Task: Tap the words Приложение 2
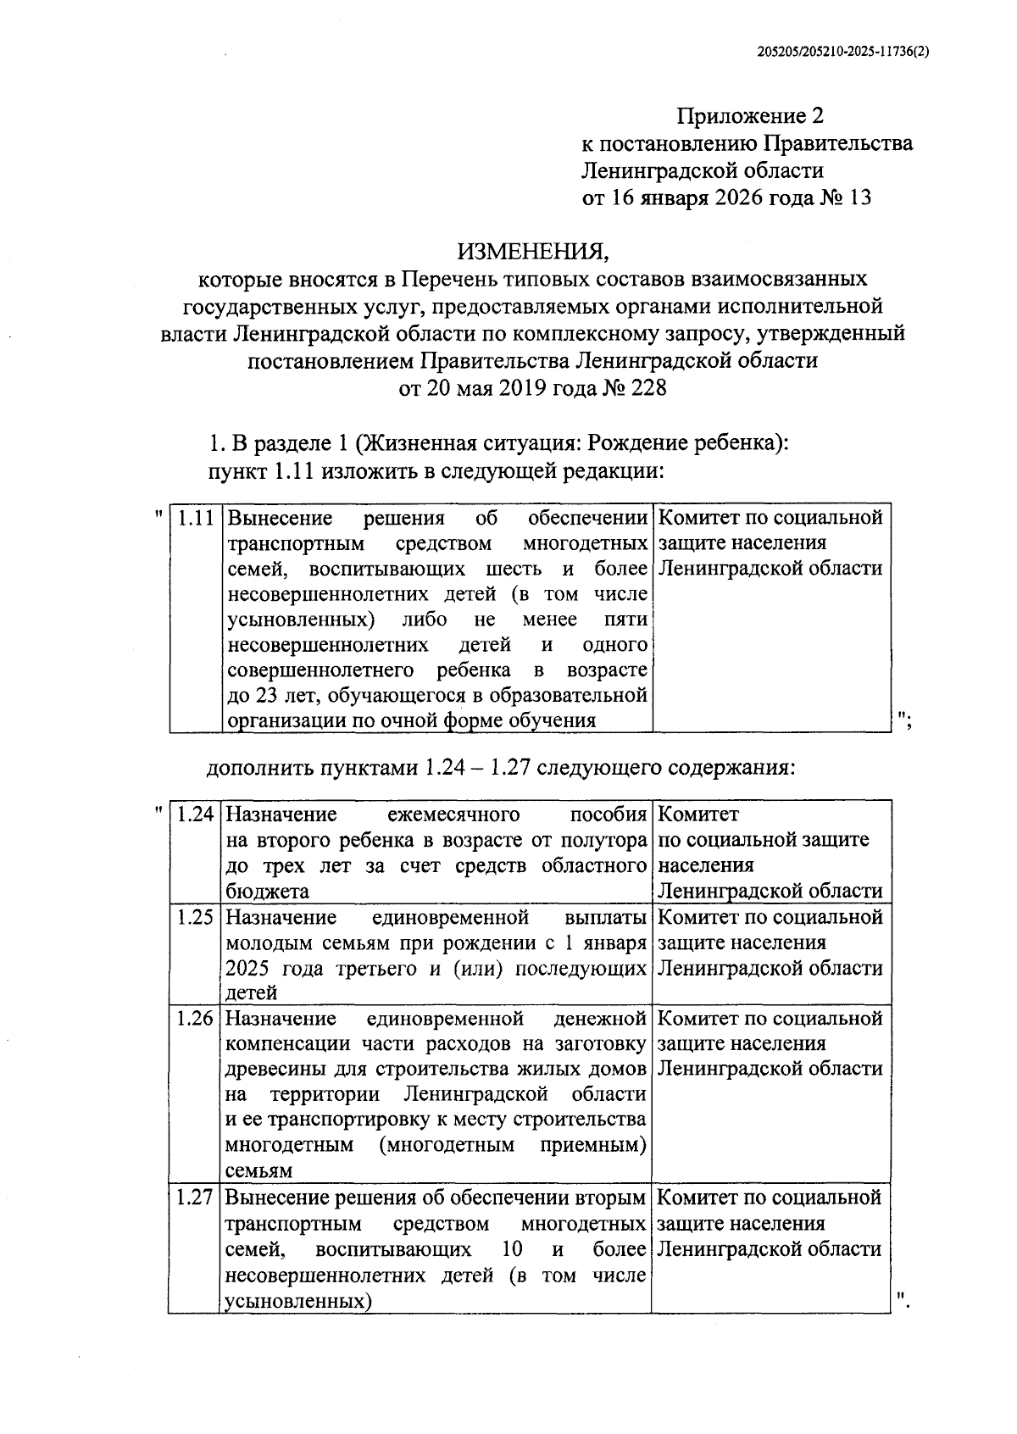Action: click(749, 116)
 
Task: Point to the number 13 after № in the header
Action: click(859, 198)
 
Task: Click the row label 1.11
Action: click(196, 518)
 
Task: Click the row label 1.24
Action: click(195, 815)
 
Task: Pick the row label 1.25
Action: click(195, 917)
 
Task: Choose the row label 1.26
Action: click(195, 1018)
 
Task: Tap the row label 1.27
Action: click(194, 1198)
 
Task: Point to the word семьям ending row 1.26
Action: click(258, 1171)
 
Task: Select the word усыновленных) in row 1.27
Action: click(299, 1301)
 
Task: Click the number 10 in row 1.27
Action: click(511, 1249)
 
